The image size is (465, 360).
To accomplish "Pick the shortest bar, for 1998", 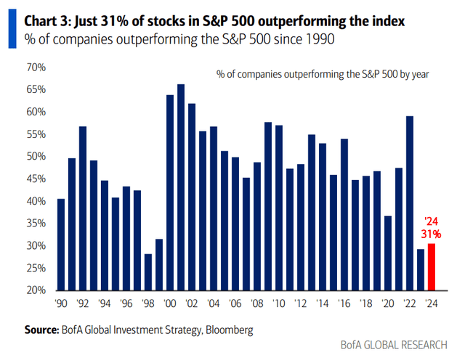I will click(x=148, y=271).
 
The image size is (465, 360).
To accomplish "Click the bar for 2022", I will click(x=410, y=202).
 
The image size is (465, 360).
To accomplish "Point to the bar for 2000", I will click(x=170, y=192).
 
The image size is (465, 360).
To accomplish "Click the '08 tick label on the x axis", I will click(x=256, y=303).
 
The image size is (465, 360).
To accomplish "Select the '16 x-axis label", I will click(x=344, y=303).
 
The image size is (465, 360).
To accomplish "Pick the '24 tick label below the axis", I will click(x=432, y=303).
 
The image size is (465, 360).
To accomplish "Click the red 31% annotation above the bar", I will click(x=431, y=234).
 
